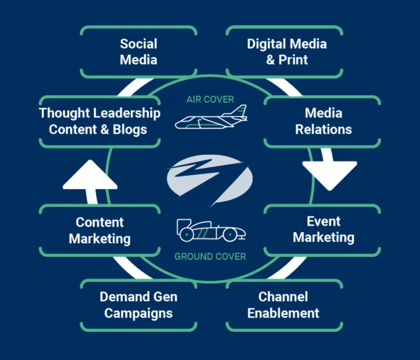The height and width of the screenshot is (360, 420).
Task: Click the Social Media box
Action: click(139, 52)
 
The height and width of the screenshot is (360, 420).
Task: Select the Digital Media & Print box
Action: click(287, 52)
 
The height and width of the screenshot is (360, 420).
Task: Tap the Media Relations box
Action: click(323, 121)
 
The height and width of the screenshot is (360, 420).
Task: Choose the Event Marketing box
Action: click(323, 229)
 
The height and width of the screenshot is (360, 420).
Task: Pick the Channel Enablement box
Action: click(283, 305)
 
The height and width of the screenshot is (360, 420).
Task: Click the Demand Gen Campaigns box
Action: click(139, 305)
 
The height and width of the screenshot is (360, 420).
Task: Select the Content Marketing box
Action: click(100, 231)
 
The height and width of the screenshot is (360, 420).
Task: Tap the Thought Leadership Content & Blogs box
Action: click(100, 121)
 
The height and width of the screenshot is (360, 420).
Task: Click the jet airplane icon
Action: click(211, 118)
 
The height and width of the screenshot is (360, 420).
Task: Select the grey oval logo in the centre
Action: click(210, 179)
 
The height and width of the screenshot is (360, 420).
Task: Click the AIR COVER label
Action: click(210, 100)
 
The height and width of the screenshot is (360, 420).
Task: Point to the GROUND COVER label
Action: click(210, 257)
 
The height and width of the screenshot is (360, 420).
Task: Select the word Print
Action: click(293, 60)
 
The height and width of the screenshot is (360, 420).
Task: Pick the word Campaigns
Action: click(139, 313)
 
